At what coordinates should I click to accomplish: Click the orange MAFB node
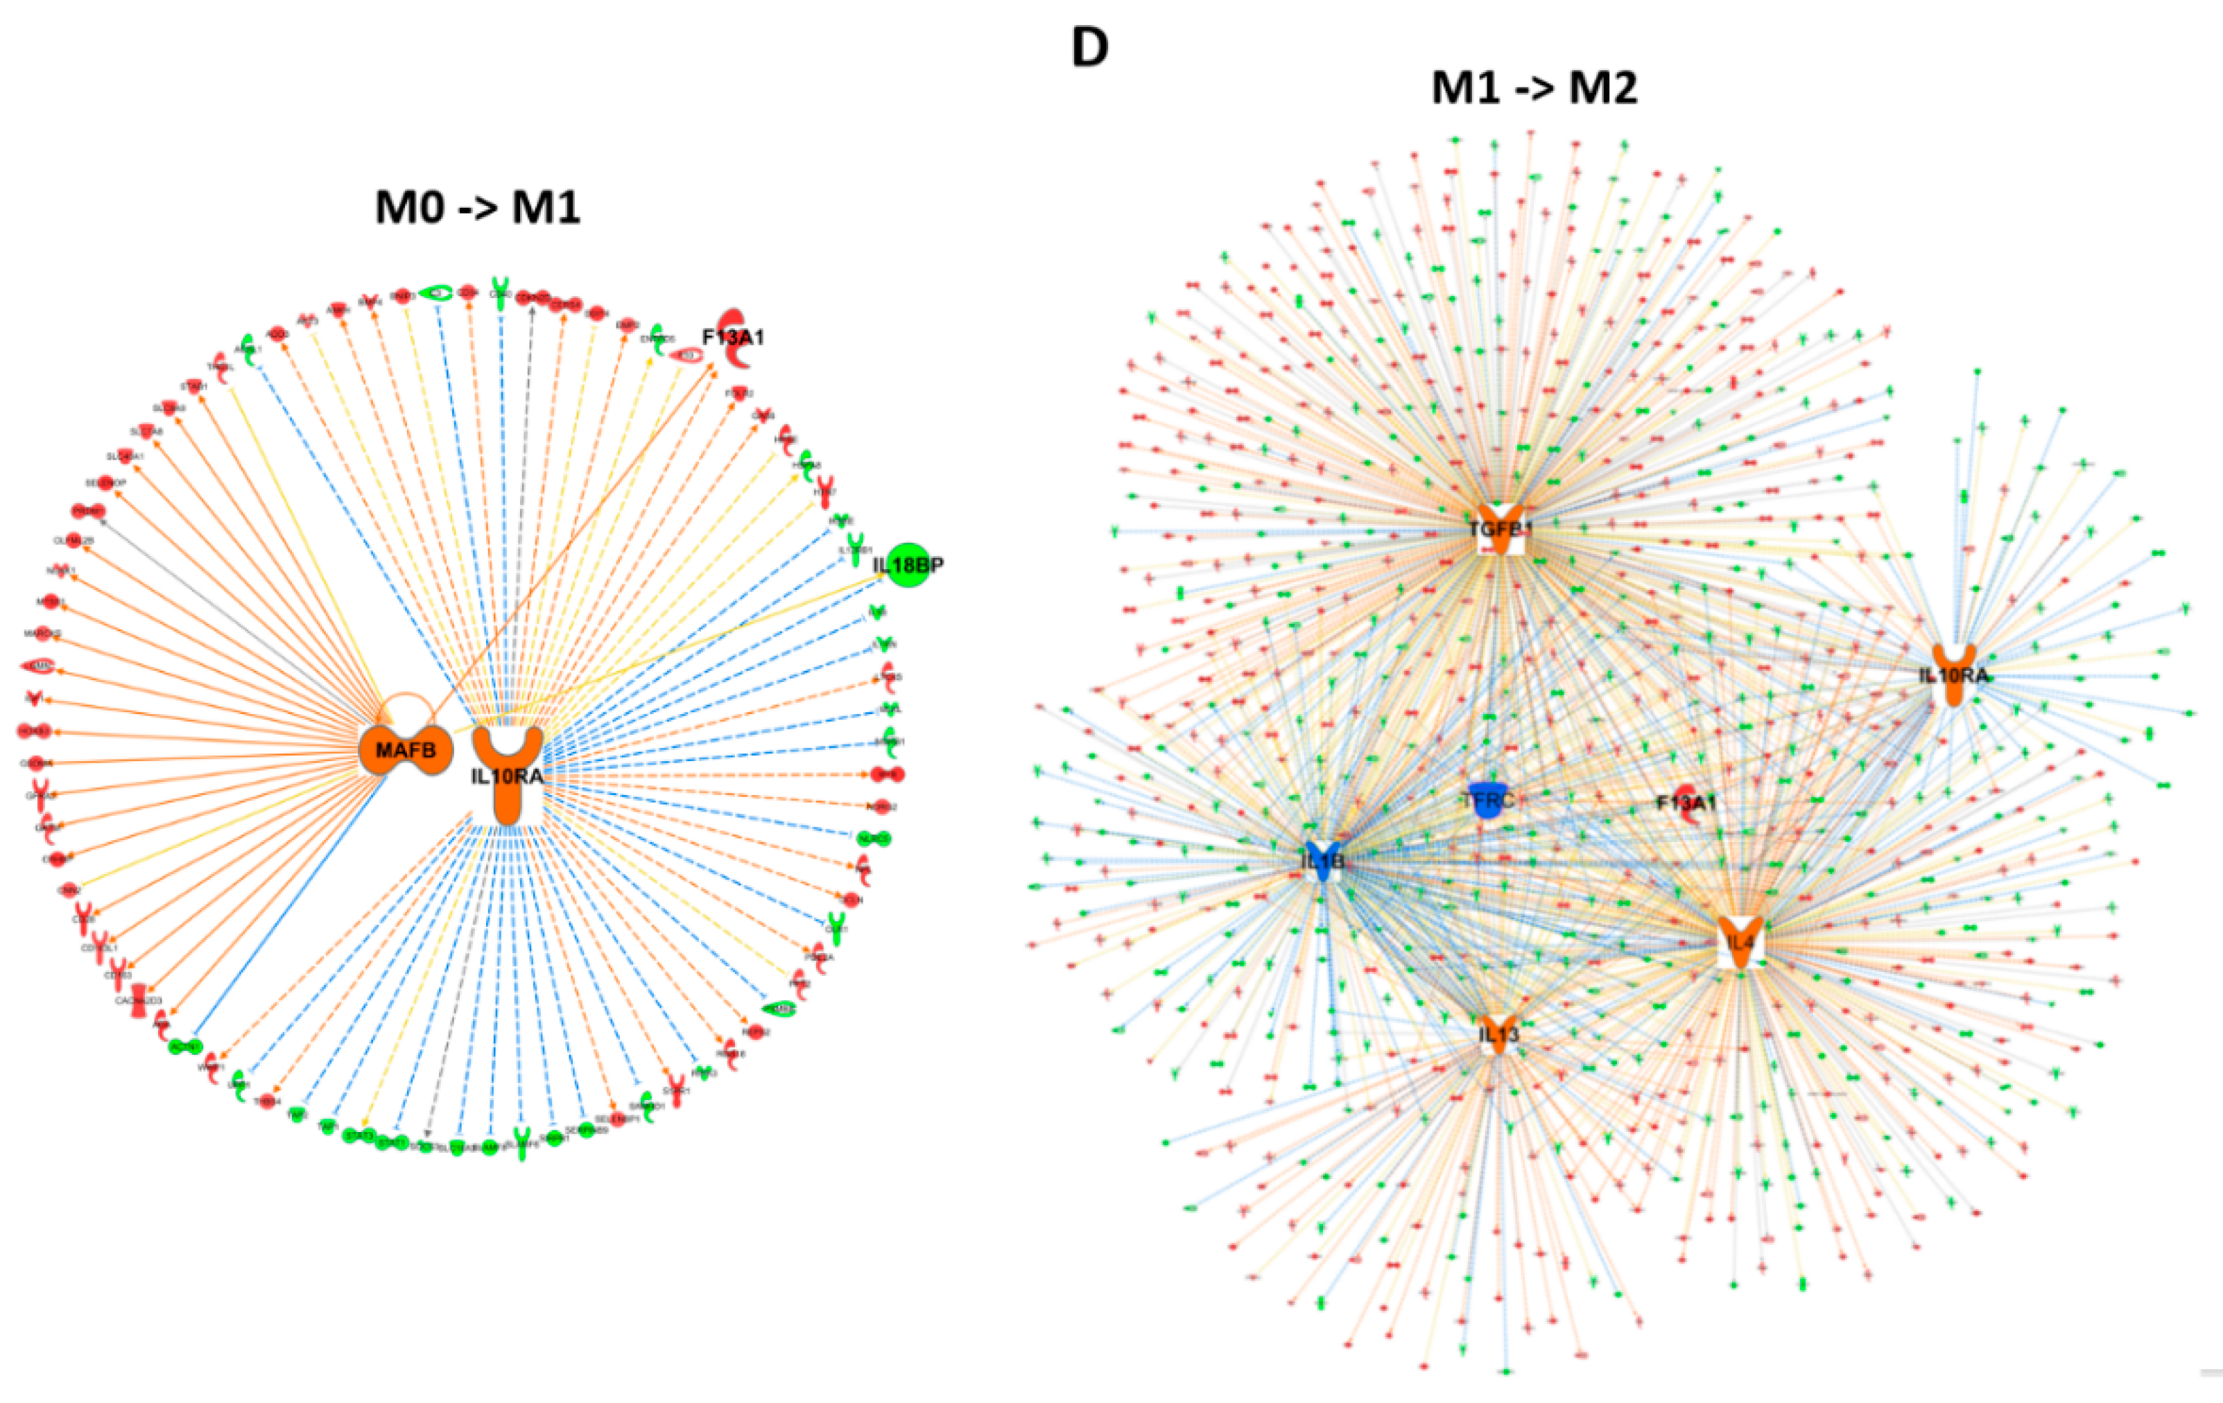405,751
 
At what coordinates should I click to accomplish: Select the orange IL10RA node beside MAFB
507,772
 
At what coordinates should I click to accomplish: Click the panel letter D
1089,48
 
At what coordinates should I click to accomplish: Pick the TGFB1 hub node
1501,528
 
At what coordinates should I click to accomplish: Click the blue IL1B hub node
1323,861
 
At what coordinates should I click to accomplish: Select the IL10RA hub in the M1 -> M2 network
1953,674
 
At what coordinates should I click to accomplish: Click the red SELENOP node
107,482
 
